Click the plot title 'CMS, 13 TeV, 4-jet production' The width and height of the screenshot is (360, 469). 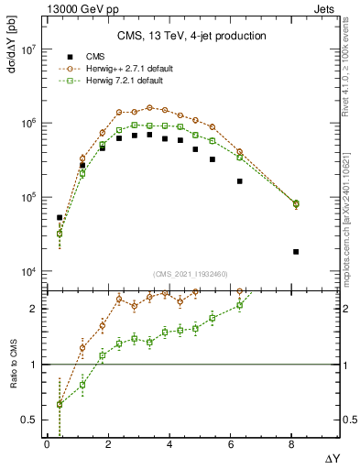[x=192, y=36]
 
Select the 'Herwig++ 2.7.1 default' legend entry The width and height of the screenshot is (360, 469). [x=123, y=69]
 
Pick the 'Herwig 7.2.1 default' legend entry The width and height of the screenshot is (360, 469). [x=119, y=81]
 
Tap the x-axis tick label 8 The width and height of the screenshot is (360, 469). [x=291, y=444]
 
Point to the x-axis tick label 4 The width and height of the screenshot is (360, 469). [x=169, y=444]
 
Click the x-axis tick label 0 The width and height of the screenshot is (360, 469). [x=47, y=444]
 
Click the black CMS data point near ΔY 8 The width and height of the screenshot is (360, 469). [x=296, y=251]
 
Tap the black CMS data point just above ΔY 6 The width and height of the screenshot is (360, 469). [x=239, y=181]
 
